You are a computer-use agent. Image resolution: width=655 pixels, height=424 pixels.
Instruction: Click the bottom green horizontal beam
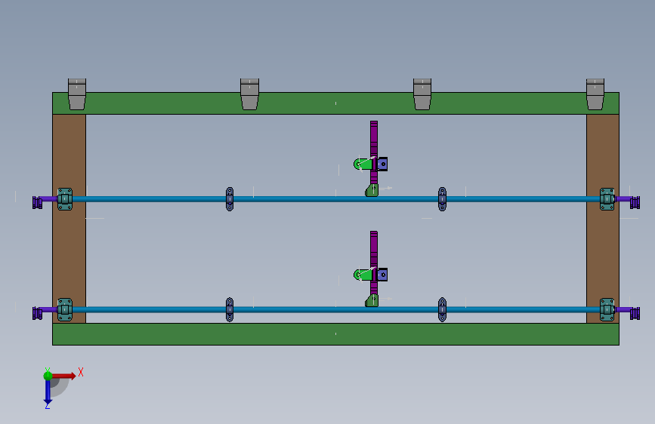(335, 334)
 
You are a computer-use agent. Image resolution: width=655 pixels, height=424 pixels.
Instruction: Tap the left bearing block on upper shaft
(65, 199)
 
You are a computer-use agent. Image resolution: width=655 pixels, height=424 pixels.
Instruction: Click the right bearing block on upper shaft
(607, 199)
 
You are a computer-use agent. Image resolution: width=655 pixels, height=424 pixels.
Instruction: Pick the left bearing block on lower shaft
(65, 309)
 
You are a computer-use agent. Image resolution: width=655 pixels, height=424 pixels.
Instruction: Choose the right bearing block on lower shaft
(607, 309)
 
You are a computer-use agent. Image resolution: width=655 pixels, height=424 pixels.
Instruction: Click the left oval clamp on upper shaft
(230, 199)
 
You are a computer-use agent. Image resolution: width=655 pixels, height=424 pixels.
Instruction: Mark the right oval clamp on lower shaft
(442, 309)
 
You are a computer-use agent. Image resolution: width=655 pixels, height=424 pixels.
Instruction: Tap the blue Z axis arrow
(47, 392)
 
